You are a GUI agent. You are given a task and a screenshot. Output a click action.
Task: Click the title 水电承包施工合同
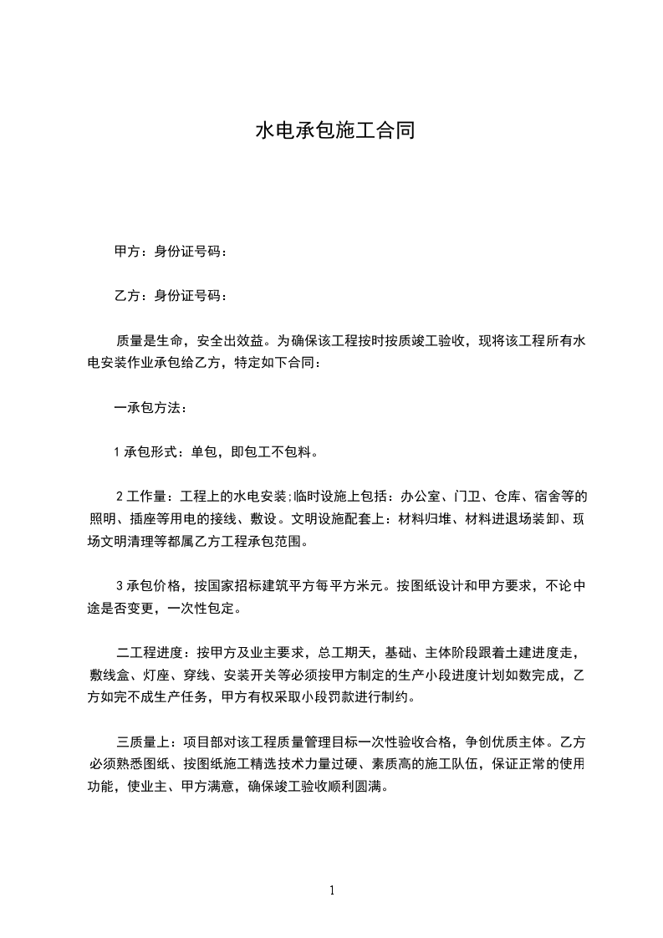pos(334,131)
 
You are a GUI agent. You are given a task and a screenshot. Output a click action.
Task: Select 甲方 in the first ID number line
pos(126,251)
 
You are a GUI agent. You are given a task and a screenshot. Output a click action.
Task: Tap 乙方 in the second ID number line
pos(126,295)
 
